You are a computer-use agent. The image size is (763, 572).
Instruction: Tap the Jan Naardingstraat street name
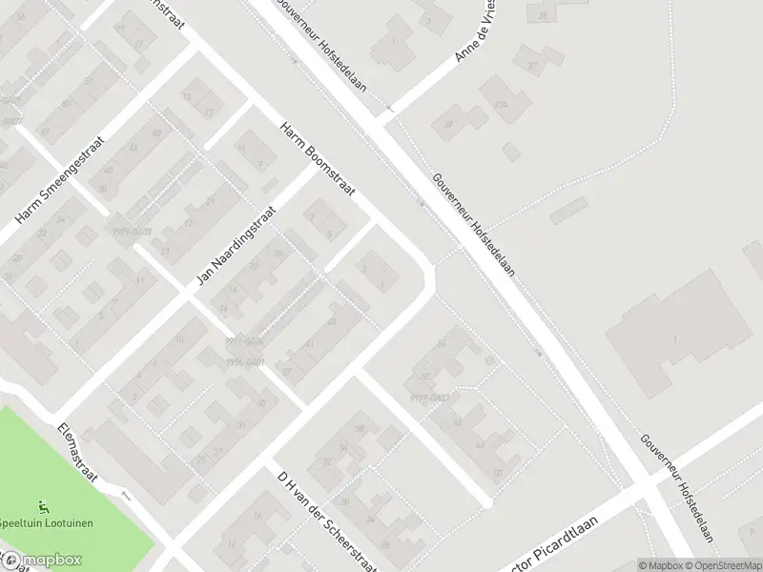coord(236,246)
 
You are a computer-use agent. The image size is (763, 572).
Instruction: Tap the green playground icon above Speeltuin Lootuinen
coord(42,506)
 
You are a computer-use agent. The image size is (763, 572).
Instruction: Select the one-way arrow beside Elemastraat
coord(125,495)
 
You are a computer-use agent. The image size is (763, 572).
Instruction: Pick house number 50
coord(497,473)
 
